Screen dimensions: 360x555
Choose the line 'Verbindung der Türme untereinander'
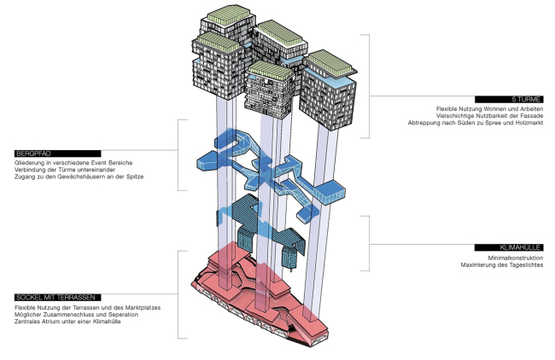click(x=64, y=169)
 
